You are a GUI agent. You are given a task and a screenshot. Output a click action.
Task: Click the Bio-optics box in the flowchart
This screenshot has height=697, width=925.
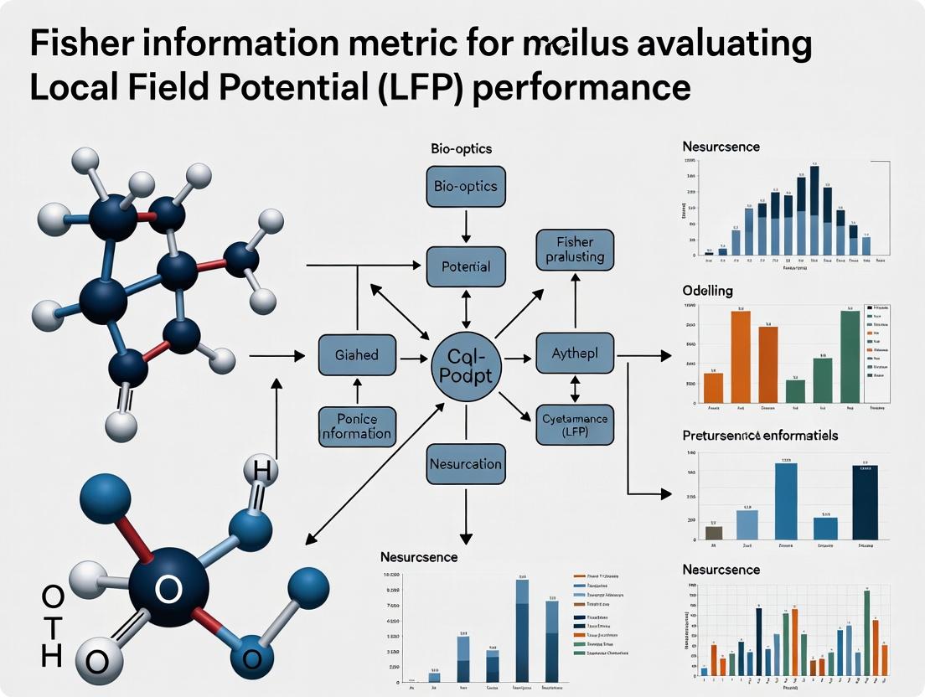pos(466,186)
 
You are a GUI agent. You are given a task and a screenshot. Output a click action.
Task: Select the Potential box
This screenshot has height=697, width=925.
pos(466,267)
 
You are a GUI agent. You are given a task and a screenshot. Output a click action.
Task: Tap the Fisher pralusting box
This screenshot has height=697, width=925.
pos(575,249)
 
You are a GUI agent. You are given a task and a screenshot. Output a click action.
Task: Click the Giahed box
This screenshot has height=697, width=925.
pos(356,354)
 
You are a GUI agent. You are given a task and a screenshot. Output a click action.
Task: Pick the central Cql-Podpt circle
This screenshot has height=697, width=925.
pos(466,366)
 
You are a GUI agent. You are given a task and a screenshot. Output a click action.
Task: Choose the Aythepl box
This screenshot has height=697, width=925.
pos(574,354)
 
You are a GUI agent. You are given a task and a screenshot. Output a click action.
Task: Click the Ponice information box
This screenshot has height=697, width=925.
pos(356,426)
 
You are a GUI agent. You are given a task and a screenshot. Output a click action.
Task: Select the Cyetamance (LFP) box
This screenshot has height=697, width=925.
pos(574,425)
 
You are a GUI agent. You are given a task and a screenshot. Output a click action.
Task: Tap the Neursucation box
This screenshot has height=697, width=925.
pos(465,463)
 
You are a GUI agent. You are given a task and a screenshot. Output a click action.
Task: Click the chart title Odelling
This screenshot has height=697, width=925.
pos(708,291)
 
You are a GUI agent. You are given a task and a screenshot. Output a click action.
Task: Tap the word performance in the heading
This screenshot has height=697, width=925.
pos(581,86)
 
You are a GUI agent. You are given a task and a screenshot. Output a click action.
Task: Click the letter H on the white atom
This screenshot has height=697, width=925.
pos(261,472)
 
